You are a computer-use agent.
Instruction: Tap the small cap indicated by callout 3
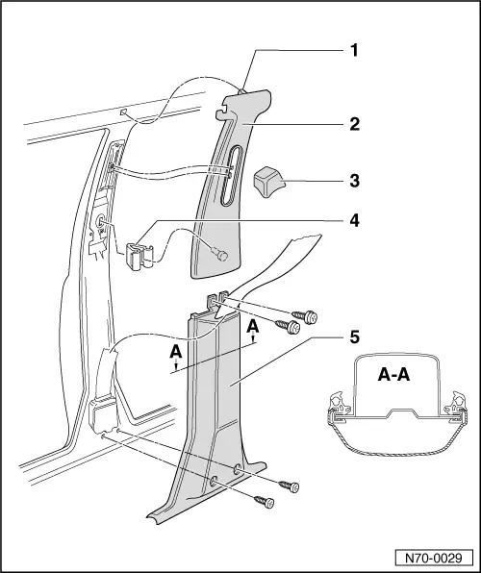pyautogui.click(x=267, y=179)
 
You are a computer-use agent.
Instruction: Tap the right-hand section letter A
pyautogui.click(x=253, y=328)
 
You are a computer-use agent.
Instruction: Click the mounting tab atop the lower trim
pyautogui.click(x=218, y=302)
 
